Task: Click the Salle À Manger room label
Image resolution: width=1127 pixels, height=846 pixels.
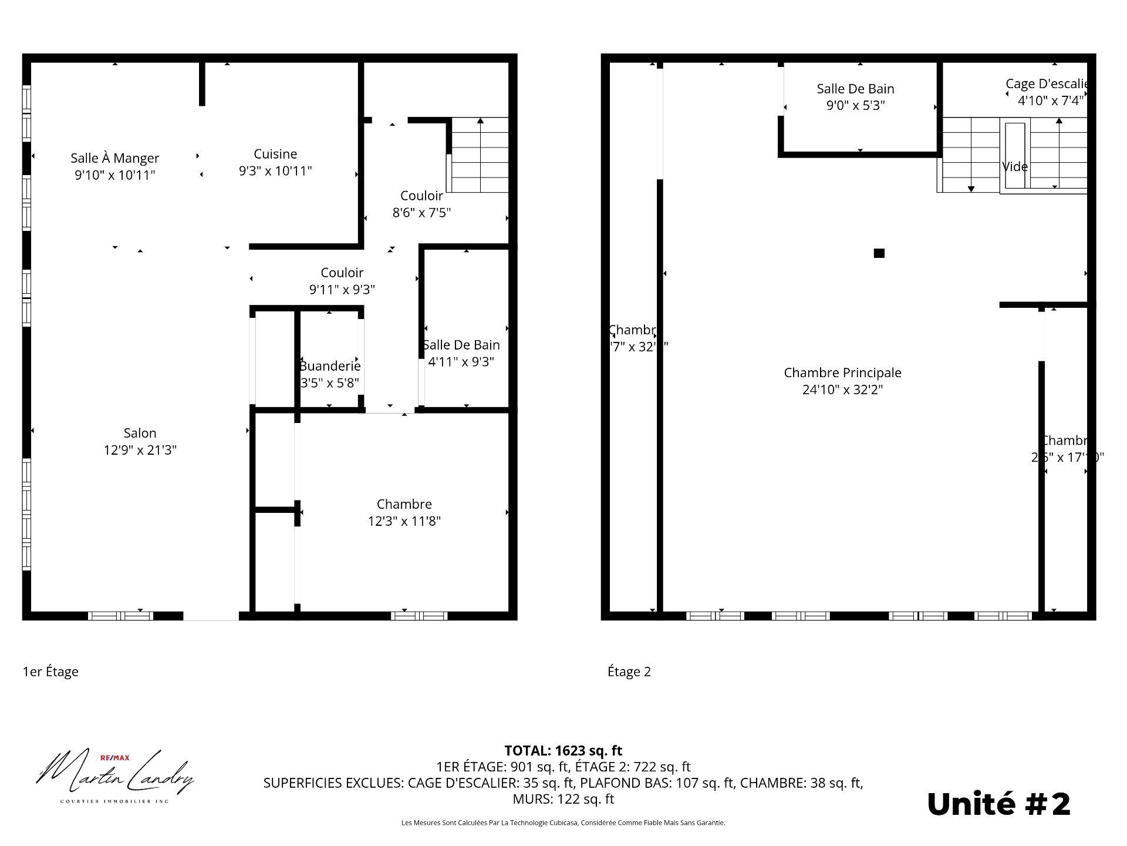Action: point(114,158)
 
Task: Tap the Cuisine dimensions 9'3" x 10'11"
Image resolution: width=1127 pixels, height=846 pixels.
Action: point(275,171)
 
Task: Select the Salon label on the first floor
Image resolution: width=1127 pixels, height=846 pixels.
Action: point(140,434)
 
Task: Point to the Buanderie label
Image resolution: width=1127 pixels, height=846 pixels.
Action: point(330,366)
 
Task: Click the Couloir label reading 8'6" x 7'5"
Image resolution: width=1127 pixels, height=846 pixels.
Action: point(421,204)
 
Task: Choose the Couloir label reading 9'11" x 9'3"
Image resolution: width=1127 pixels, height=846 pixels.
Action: point(342,281)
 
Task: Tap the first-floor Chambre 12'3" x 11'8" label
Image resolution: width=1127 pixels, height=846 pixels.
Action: point(404,512)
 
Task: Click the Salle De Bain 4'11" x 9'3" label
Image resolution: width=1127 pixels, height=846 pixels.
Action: point(461,353)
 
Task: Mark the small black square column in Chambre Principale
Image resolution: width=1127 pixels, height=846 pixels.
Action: point(879,253)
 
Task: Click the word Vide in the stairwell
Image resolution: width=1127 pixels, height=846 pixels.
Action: point(1015,167)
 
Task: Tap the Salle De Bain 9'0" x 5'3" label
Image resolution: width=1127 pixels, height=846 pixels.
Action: point(855,97)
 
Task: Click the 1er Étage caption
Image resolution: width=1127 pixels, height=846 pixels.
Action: point(50,672)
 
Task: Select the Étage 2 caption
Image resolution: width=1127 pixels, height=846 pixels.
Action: point(629,672)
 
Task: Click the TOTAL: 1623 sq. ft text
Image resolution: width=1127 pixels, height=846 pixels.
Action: point(563,750)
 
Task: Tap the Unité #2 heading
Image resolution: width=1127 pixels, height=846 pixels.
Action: point(998,804)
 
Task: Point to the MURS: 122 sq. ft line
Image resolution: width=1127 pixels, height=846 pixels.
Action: point(563,799)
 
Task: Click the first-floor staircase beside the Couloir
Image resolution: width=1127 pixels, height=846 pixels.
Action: point(480,155)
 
